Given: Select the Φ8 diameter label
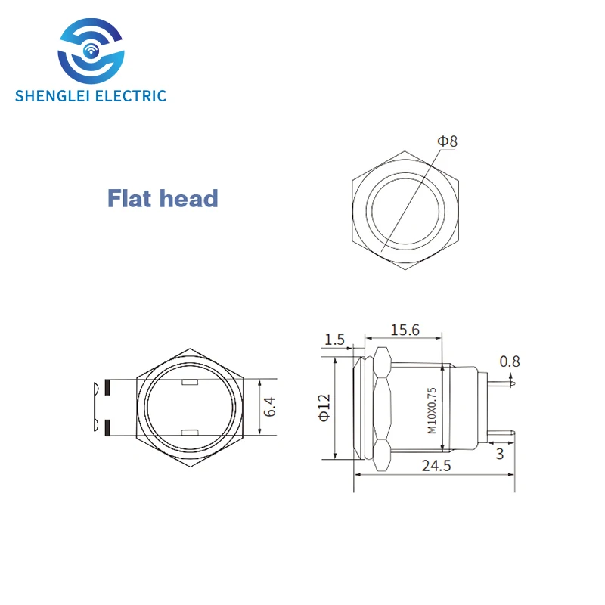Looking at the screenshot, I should click(x=448, y=141).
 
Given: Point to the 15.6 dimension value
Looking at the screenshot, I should click(x=405, y=330).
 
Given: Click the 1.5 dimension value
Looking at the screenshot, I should click(x=334, y=340).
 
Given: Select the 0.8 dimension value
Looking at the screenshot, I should click(x=511, y=361).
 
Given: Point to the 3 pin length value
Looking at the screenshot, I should click(x=500, y=454).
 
